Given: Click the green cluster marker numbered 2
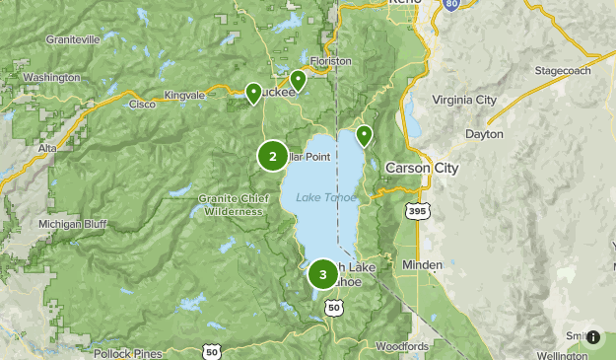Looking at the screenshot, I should point(273,155).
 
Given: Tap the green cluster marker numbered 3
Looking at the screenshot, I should point(322,274).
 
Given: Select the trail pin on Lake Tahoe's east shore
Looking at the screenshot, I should point(364,135).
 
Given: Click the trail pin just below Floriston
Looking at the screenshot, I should point(298,79).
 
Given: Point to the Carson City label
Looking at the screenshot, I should point(422,168).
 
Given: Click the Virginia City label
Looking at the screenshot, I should point(465,100).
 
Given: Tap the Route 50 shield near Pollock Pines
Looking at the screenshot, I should point(211,351).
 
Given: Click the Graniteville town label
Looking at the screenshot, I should point(73,40).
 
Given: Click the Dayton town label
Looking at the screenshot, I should point(484,134).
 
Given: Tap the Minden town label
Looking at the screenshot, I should point(423,265).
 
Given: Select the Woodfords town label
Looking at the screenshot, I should point(402,346).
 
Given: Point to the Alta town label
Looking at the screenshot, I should point(46,147).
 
